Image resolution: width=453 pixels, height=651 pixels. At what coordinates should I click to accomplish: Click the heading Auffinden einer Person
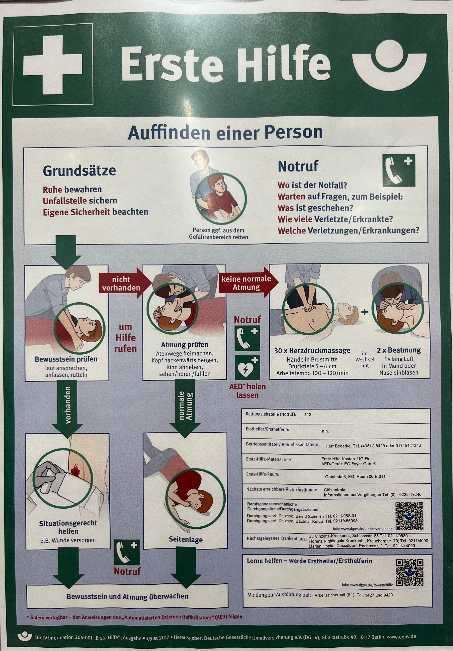(x=225, y=132)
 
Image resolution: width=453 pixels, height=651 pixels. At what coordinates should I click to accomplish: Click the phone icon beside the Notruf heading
(x=399, y=170)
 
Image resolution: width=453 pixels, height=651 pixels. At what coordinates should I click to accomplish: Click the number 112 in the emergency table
(x=308, y=414)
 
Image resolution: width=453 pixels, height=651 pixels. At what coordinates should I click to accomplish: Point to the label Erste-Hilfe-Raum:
(x=262, y=474)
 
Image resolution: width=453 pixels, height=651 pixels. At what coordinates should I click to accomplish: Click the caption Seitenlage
(x=186, y=539)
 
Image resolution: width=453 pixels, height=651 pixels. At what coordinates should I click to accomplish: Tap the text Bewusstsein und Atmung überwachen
(x=127, y=596)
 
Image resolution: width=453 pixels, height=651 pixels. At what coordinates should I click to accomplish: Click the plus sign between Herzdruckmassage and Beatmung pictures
(x=365, y=312)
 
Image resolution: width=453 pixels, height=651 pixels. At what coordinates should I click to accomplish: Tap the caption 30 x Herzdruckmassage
(x=312, y=351)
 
